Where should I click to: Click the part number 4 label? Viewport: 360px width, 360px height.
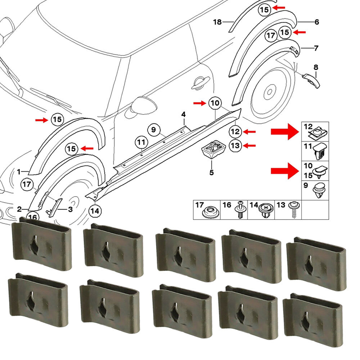[x=183, y=115]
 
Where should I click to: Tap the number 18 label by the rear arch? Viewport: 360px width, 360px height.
[x=217, y=22]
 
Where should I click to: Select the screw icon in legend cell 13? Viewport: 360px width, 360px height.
[x=293, y=210]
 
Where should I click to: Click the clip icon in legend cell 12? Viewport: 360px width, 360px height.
[x=318, y=134]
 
